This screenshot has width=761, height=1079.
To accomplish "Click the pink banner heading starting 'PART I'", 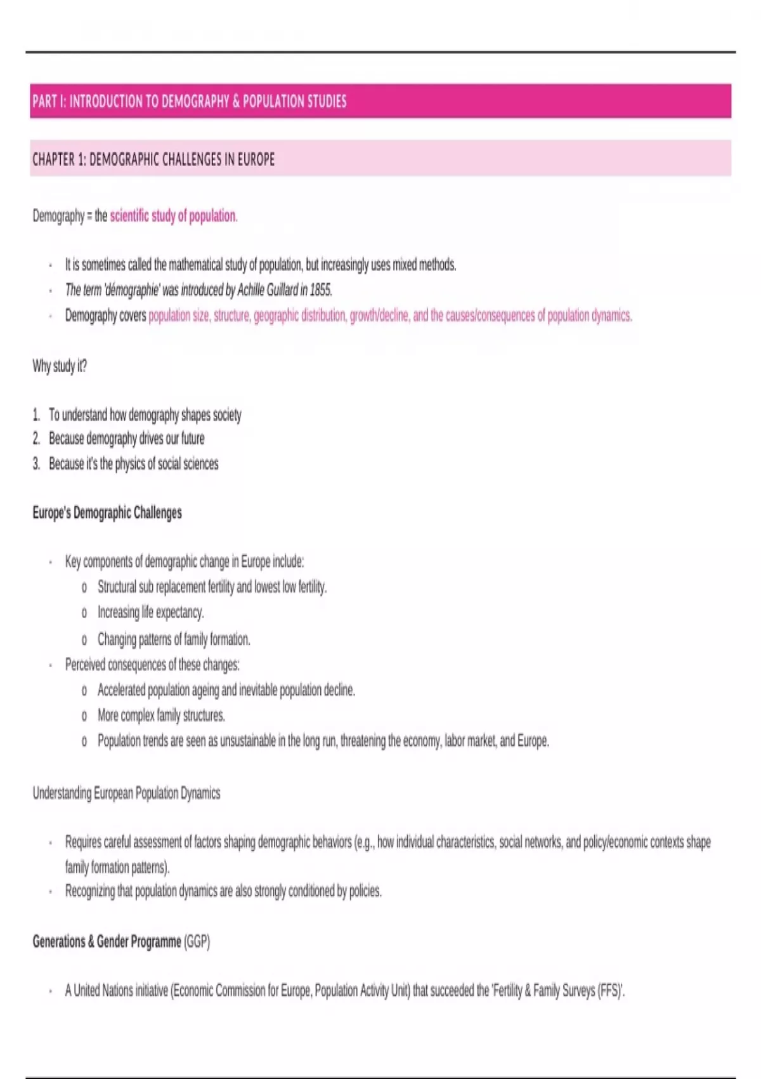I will coord(190,102).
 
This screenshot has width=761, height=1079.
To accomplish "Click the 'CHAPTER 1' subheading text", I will coord(153,159).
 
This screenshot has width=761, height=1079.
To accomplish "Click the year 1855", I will coord(320,291).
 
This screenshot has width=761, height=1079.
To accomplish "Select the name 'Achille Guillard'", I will coord(267,291).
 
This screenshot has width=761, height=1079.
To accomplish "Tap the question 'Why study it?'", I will coord(60,366).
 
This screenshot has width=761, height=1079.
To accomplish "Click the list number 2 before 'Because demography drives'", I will coord(36,439).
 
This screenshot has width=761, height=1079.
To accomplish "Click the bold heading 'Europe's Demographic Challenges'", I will coord(107,513).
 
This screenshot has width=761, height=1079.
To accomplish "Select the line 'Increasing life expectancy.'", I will coord(150,612).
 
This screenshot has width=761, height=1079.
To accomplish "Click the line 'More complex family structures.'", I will coord(161,716).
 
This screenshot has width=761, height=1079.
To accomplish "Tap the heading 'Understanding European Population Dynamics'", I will coord(126,793).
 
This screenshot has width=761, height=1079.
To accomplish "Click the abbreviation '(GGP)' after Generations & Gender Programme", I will coord(197,942).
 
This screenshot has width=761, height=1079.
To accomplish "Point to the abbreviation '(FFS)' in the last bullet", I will coord(611,991).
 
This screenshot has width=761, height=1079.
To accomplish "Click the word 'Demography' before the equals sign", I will coord(58,216).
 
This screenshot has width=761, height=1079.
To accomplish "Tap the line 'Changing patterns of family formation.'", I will coord(174,639).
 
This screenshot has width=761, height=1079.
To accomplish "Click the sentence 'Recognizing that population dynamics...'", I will coord(223,892).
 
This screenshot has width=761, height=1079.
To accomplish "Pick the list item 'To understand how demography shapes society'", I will coord(145,415).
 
